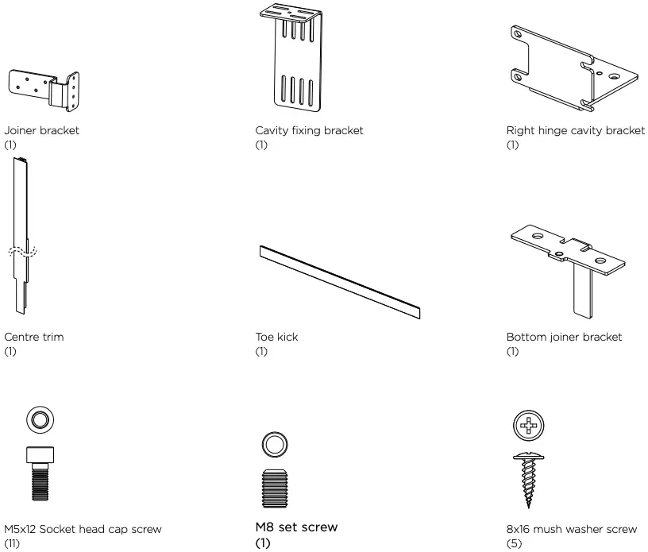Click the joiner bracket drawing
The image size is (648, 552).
(44, 90)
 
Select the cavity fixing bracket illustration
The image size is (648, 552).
(298, 64)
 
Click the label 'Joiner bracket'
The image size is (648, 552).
(42, 131)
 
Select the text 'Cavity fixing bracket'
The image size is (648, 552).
(309, 131)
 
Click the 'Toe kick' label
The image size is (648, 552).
(276, 338)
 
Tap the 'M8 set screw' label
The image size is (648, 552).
(296, 527)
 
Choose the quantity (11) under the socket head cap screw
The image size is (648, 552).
(11, 544)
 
